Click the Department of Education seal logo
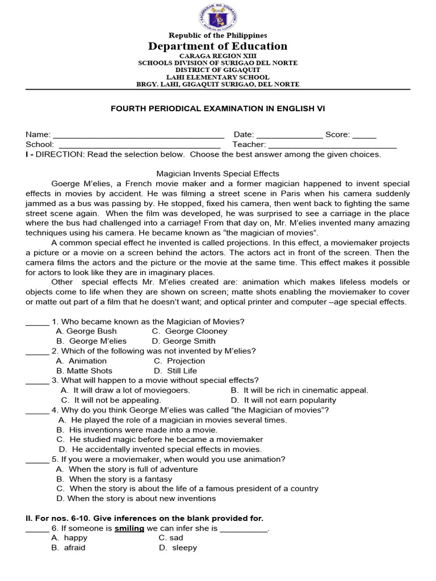tap(218, 16)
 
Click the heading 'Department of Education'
tap(218, 47)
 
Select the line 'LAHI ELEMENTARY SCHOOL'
tap(218, 77)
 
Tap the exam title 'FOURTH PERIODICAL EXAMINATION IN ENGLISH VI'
tap(218, 108)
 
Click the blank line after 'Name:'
tap(139, 136)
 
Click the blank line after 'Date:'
tap(290, 136)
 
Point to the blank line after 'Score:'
tap(364, 136)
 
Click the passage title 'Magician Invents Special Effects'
tap(218, 174)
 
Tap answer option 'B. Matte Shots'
tap(85, 371)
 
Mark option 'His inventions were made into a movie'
tap(137, 430)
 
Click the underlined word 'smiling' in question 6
tap(129, 528)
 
